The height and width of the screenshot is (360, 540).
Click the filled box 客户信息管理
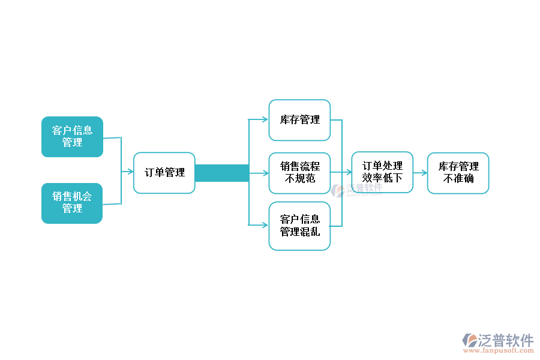[x=72, y=137]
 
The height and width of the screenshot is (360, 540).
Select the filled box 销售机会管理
[x=72, y=203]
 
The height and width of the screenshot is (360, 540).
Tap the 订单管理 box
[x=164, y=173]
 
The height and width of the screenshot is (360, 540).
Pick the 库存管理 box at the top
[x=299, y=120]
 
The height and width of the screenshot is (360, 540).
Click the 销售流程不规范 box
[x=299, y=173]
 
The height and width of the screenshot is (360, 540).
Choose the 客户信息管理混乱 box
[x=299, y=226]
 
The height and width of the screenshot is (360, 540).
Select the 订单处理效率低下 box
[x=382, y=172]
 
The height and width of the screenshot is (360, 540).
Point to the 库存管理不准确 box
[x=458, y=173]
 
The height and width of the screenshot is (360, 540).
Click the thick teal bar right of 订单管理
[x=221, y=173]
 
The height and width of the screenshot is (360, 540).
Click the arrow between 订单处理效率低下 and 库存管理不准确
[x=420, y=172]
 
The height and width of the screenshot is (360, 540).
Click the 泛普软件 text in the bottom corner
[x=506, y=340]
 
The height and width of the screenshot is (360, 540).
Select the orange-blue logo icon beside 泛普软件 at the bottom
[x=470, y=340]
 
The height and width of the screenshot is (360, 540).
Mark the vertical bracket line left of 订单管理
[x=121, y=171]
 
